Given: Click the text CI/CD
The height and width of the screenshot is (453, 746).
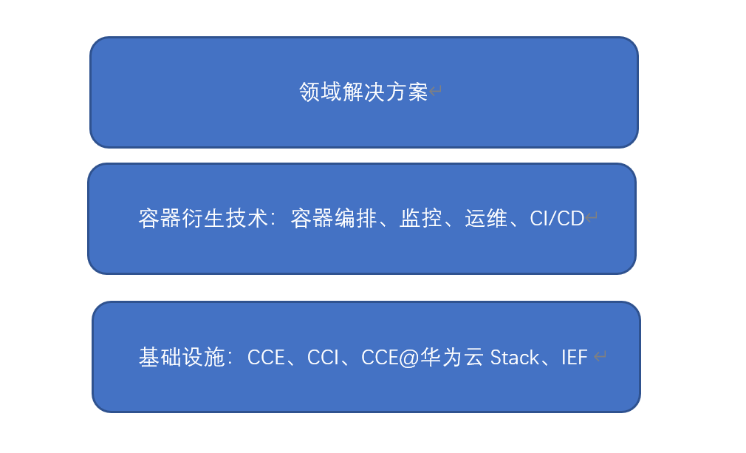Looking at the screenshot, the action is pos(557,219).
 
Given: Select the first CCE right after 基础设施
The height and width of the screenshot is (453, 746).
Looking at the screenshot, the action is pos(266,358).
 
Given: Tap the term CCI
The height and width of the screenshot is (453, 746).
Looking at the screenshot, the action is pos(323,358).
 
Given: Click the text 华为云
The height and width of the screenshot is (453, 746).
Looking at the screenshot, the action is pos(452,358).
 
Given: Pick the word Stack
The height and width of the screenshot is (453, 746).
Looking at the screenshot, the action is pos(515,358).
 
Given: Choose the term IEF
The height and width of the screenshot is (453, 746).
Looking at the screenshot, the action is pos(574,358).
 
